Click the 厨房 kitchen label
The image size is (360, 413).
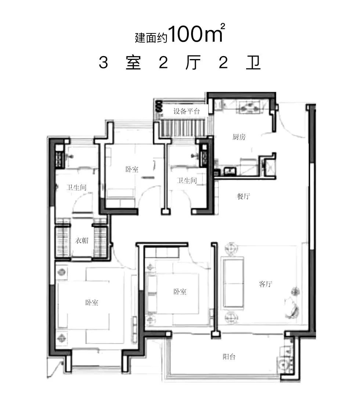click(x=239, y=137)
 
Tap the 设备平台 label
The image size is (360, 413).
click(x=187, y=111)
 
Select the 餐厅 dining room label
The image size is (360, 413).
click(x=243, y=196)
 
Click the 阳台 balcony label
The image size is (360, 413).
click(x=229, y=356)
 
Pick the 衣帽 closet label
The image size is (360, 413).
click(x=82, y=241)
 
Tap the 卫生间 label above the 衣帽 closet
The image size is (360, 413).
click(x=76, y=187)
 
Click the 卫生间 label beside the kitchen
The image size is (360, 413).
click(x=187, y=180)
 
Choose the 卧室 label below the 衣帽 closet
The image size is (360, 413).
click(x=91, y=303)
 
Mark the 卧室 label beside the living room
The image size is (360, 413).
click(x=180, y=292)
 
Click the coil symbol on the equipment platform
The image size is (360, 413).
click(x=159, y=107)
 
